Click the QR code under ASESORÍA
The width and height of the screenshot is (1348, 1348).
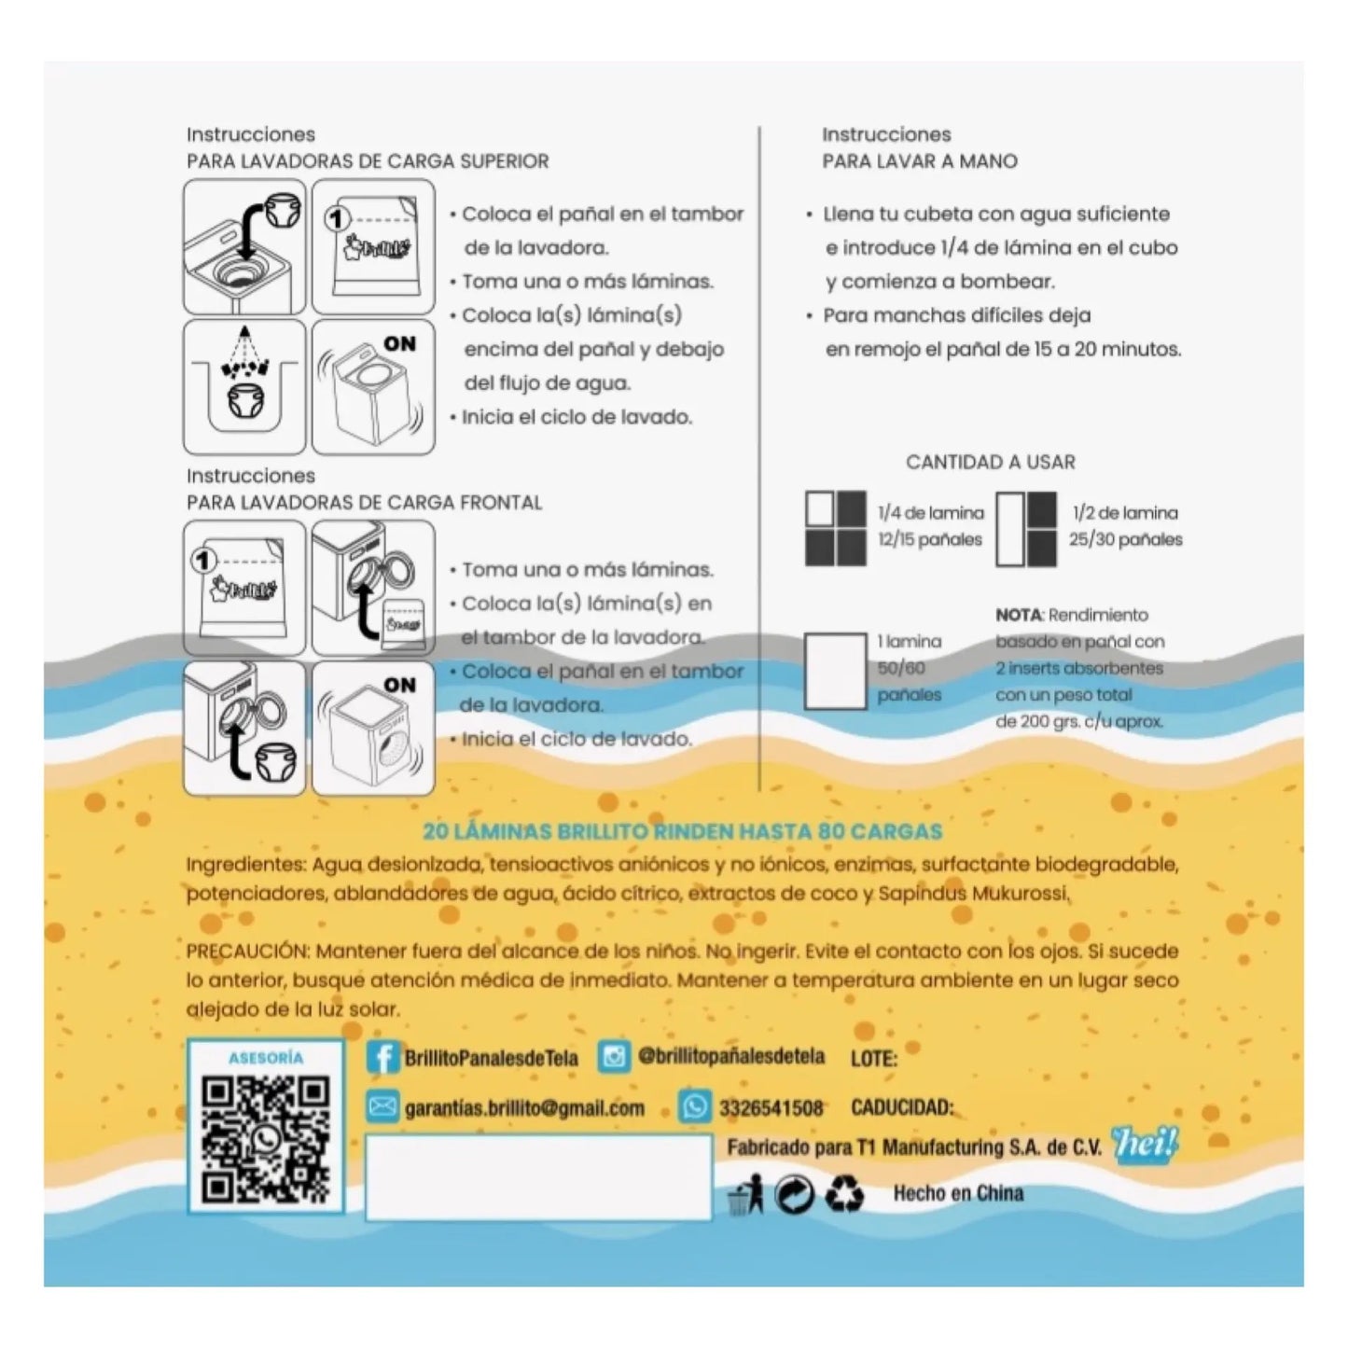click(265, 1141)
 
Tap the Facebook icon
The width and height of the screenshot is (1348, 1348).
click(382, 1057)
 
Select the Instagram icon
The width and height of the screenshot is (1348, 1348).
click(614, 1056)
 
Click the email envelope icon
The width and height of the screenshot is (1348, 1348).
click(382, 1106)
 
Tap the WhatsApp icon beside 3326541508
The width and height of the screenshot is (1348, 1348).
click(695, 1106)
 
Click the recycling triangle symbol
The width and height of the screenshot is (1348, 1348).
click(844, 1193)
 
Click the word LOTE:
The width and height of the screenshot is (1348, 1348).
click(874, 1059)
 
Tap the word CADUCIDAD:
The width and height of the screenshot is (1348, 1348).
click(902, 1107)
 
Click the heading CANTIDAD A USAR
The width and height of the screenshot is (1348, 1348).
click(991, 462)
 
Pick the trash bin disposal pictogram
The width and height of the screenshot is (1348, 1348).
click(744, 1193)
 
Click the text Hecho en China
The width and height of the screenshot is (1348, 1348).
click(958, 1193)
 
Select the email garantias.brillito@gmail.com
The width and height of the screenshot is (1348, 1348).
click(524, 1108)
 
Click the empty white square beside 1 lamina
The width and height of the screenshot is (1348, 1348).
click(835, 671)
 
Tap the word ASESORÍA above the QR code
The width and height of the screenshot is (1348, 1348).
click(266, 1058)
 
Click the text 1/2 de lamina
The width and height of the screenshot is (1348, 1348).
click(1125, 513)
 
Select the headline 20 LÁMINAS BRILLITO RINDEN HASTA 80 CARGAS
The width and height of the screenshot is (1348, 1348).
click(683, 831)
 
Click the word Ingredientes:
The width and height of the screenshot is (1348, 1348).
click(247, 866)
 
